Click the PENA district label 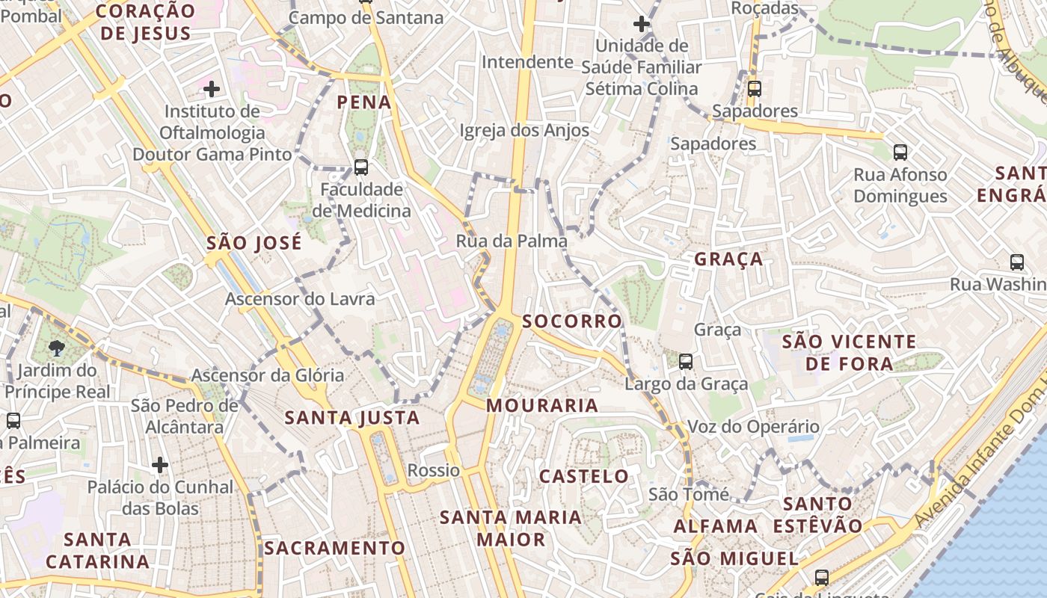[x=364, y=102]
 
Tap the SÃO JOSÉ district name [x=254, y=243]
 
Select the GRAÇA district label [x=728, y=259]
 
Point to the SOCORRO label [x=572, y=321]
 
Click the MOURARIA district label [x=542, y=406]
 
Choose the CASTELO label [x=584, y=476]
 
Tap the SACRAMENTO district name [x=334, y=548]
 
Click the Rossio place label [x=434, y=470]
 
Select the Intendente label [x=527, y=62]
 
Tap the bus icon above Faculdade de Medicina [x=361, y=167]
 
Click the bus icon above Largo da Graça [x=685, y=362]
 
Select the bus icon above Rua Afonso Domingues [x=900, y=152]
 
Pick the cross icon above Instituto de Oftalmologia [x=212, y=90]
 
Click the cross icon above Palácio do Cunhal [x=159, y=465]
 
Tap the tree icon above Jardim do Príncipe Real [x=56, y=348]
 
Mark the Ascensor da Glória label [x=268, y=375]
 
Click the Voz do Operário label [x=753, y=427]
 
